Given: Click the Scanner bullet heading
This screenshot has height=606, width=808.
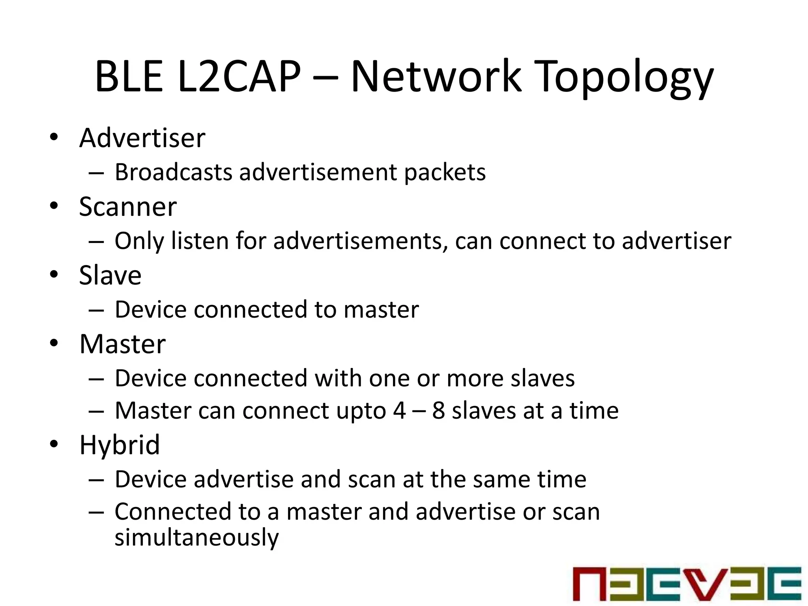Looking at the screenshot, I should click(x=128, y=207).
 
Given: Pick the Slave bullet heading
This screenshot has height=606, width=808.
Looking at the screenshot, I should click(x=110, y=275).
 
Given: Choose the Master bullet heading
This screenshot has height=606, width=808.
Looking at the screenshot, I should click(x=122, y=344).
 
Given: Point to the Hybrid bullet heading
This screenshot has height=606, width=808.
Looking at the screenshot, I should click(x=120, y=445).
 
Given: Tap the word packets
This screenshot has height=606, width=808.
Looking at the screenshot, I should click(x=445, y=173).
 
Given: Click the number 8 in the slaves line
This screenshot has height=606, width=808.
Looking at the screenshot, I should click(x=438, y=411).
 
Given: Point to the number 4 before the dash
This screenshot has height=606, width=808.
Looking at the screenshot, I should click(x=399, y=411).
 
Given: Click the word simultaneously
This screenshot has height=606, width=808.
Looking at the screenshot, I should click(x=196, y=537).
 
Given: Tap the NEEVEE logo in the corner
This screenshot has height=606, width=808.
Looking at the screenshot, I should click(x=687, y=584).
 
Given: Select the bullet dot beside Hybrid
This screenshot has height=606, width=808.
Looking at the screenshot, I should click(x=54, y=443).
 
